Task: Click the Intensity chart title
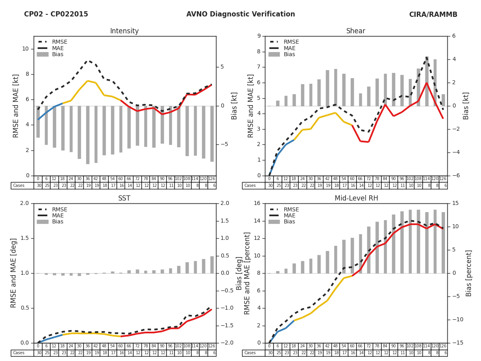tap(124, 31)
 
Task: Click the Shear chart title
tap(356, 31)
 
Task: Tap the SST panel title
tap(124, 199)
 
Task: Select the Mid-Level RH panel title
tap(356, 199)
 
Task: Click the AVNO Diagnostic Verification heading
tap(240, 14)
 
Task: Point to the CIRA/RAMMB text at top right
tap(433, 15)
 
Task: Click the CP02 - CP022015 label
tap(56, 14)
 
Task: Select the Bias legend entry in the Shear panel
tap(289, 55)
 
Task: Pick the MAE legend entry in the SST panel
tap(58, 215)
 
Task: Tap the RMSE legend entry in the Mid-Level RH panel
tap(291, 209)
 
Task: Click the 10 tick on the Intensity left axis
tap(25, 49)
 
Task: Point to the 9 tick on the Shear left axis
tap(259, 36)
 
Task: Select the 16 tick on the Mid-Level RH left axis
tap(257, 203)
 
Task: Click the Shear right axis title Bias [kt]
tap(466, 106)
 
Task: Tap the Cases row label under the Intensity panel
tap(19, 186)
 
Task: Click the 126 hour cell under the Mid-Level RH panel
tap(443, 346)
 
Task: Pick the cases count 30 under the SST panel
tap(38, 353)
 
